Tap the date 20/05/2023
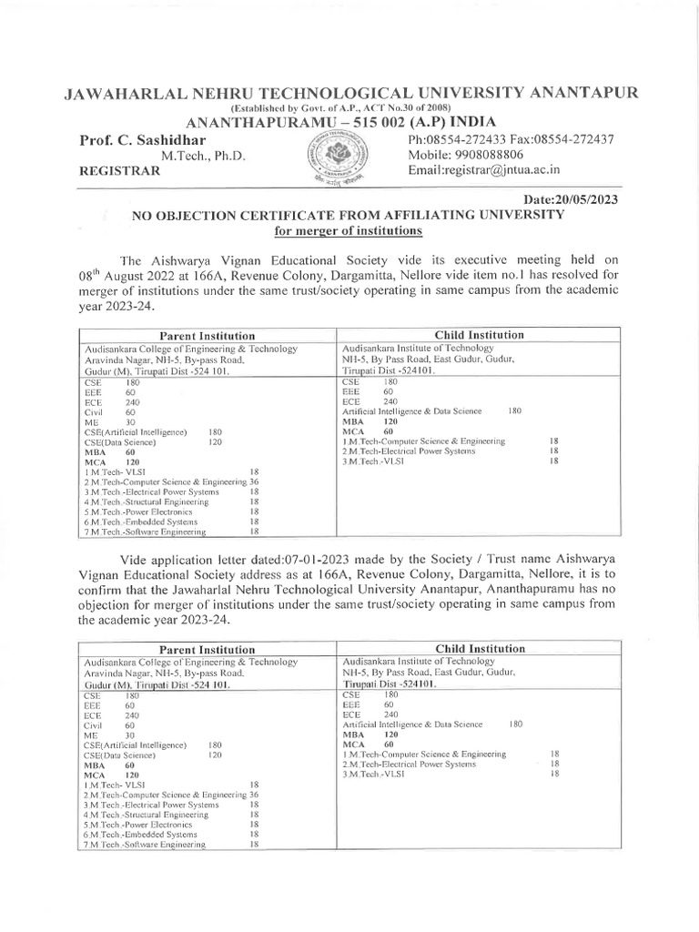pyautogui.click(x=572, y=199)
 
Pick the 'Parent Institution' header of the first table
pyautogui.click(x=208, y=336)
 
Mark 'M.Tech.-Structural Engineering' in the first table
pyautogui.click(x=148, y=501)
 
